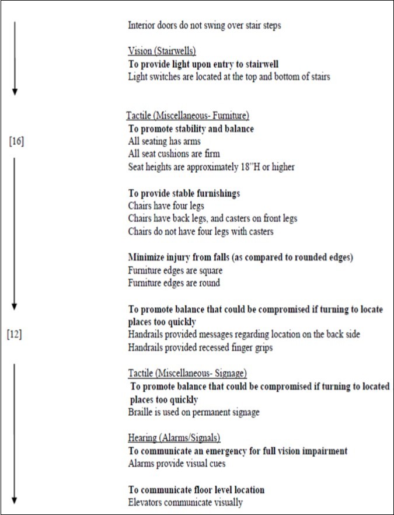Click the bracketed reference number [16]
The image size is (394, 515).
coord(16,141)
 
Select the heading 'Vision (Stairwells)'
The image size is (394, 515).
coord(162,50)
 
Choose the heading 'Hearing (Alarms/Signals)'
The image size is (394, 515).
coord(174,437)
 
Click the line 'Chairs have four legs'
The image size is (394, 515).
coord(165,206)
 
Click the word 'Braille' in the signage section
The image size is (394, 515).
coord(140,412)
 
